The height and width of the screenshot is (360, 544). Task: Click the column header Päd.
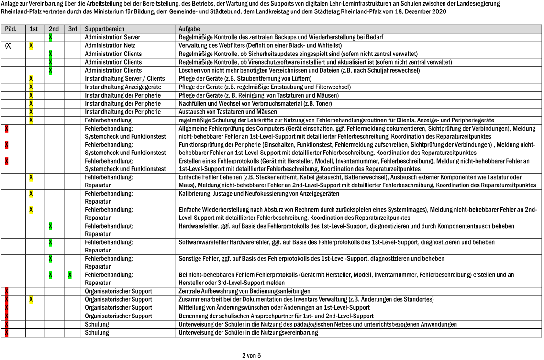pos(11,29)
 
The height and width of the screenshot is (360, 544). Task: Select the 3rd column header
pos(72,29)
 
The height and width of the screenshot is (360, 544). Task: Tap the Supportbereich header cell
pos(102,29)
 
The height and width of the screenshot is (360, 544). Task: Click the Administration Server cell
pos(112,37)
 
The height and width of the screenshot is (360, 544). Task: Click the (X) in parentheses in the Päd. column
pos(8,45)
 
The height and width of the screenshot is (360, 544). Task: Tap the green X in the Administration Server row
pos(50,37)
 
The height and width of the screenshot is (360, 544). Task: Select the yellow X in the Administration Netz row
pos(31,45)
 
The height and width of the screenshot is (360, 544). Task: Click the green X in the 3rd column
pos(70,275)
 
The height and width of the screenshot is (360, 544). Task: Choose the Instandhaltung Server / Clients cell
pos(124,78)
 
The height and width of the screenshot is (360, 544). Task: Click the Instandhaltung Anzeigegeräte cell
pos(122,87)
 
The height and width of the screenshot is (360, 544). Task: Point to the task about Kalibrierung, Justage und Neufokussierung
pos(258,193)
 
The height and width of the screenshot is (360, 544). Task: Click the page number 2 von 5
pos(251,355)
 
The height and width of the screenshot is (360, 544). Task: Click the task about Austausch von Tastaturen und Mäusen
pos(228,111)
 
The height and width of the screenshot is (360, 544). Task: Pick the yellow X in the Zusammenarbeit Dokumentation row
pos(31,299)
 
